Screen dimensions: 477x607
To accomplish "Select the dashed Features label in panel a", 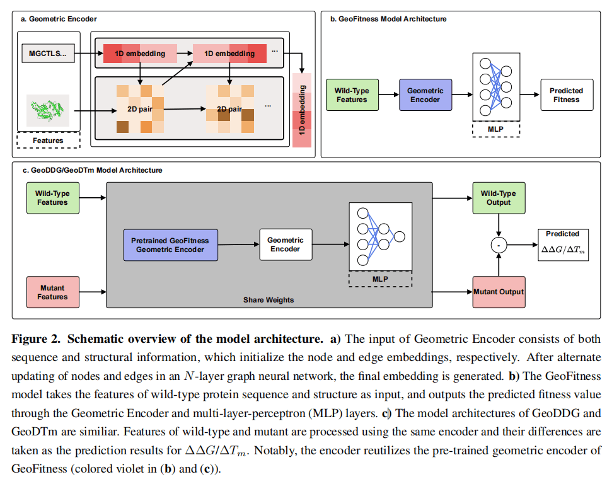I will pyautogui.click(x=49, y=140).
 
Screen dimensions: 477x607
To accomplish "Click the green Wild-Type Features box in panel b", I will pyautogui.click(x=351, y=95).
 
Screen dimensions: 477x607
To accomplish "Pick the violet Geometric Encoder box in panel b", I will pyautogui.click(x=425, y=95).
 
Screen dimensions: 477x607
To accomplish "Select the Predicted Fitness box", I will pyautogui.click(x=566, y=95).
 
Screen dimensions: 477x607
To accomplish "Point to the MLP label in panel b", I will pyautogui.click(x=495, y=129).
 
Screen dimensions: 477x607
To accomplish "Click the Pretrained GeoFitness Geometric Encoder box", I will pyautogui.click(x=170, y=245).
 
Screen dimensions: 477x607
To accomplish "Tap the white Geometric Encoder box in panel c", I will pyautogui.click(x=286, y=244).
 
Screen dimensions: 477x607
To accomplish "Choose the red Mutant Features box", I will pyautogui.click(x=52, y=292).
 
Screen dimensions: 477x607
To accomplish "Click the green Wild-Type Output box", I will pyautogui.click(x=498, y=198).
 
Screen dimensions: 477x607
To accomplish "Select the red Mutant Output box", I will pyautogui.click(x=499, y=292).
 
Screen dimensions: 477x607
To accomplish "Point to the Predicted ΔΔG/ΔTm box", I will pyautogui.click(x=562, y=245).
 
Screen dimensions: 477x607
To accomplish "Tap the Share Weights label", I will pyautogui.click(x=269, y=300).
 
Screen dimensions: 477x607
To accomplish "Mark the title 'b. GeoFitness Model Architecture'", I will pyautogui.click(x=388, y=20).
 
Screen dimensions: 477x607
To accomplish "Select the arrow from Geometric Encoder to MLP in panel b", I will pyautogui.click(x=462, y=95).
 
